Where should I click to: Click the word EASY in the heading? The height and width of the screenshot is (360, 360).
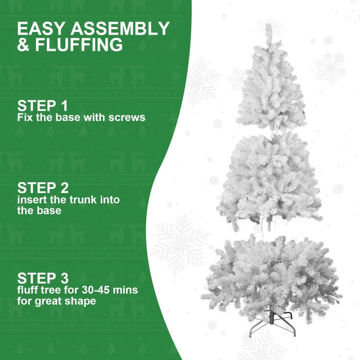40,29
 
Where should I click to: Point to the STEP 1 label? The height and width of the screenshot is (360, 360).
42,106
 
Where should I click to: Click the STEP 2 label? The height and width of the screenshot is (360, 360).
42,188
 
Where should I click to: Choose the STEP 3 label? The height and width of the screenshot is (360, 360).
42,278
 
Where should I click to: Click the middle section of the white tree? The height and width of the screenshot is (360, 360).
270,180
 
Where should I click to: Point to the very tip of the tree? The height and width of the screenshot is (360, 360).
269,25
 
